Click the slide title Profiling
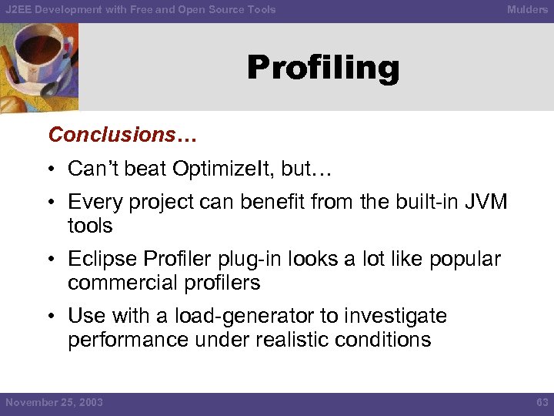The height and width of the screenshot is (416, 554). [323, 69]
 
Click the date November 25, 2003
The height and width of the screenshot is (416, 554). [54, 402]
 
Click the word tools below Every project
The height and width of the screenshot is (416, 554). [90, 226]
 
